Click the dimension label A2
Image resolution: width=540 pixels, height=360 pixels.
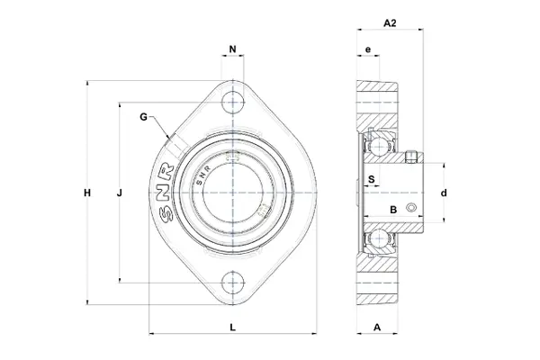[x=390, y=23]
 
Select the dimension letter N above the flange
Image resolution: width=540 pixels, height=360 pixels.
[x=233, y=49]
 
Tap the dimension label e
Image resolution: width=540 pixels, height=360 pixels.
[x=368, y=49]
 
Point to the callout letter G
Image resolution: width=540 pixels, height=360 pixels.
[x=143, y=117]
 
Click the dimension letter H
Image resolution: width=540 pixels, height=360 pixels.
[x=87, y=193]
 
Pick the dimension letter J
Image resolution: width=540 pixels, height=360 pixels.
[x=119, y=193]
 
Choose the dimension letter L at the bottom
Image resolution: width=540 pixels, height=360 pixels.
[x=233, y=328]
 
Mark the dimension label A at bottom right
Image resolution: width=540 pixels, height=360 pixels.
[x=377, y=328]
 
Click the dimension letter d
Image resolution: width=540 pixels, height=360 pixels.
[x=444, y=193]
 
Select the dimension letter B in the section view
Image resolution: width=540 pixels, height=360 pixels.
[x=393, y=210]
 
